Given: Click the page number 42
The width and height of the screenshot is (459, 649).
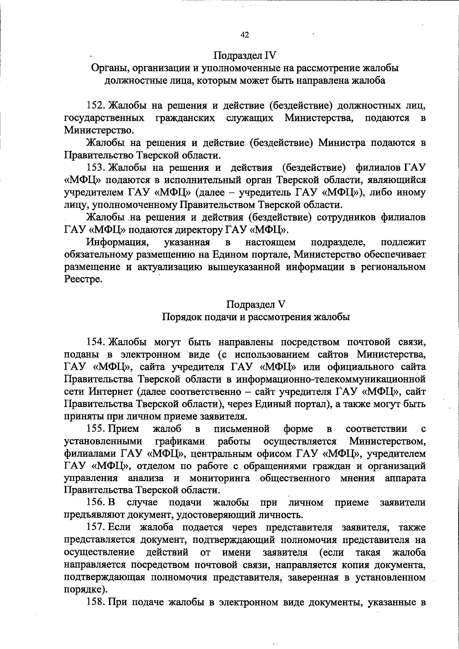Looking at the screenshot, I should click(245, 35).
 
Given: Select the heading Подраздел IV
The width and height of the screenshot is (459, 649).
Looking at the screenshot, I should click(245, 55).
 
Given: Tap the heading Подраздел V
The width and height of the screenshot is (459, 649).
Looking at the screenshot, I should click(256, 304).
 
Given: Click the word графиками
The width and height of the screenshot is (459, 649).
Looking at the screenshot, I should click(180, 441).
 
